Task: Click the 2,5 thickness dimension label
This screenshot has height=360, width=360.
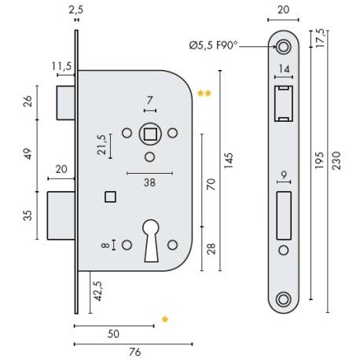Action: click(x=76, y=10)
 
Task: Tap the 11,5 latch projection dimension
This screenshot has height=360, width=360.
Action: click(x=61, y=66)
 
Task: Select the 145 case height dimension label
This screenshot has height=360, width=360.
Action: click(x=228, y=160)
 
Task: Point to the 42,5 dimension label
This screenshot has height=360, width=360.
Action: click(x=97, y=291)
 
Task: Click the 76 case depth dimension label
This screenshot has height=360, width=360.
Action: click(x=135, y=352)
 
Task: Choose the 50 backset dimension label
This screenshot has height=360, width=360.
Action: click(x=113, y=334)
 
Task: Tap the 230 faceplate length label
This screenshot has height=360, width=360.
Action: click(x=336, y=160)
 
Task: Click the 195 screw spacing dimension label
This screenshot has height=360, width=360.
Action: click(x=319, y=160)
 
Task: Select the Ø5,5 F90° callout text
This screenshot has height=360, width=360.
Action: click(x=213, y=46)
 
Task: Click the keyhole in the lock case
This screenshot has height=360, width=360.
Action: click(x=152, y=241)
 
